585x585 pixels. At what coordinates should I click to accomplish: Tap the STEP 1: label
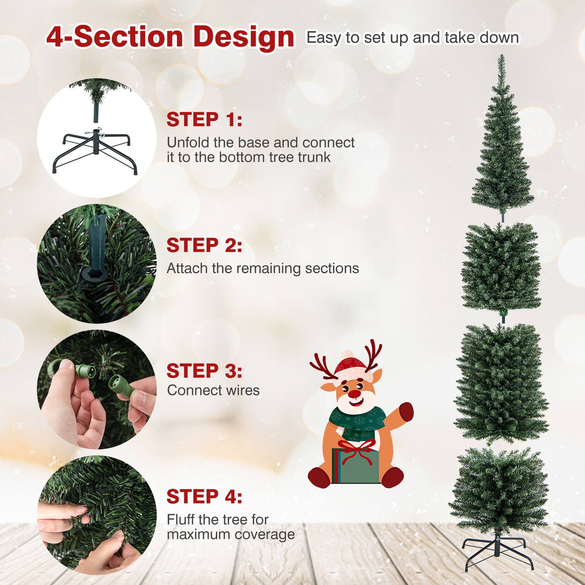[x=204, y=120]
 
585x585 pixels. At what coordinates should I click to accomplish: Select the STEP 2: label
[x=204, y=245]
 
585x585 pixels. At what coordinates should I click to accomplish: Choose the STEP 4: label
[x=204, y=497]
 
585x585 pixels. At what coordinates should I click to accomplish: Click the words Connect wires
[x=213, y=390]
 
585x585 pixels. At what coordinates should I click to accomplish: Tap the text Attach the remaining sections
[x=263, y=268]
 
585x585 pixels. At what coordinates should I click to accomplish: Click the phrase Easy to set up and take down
[x=412, y=37]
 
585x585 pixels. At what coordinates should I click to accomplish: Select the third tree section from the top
[x=501, y=385]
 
